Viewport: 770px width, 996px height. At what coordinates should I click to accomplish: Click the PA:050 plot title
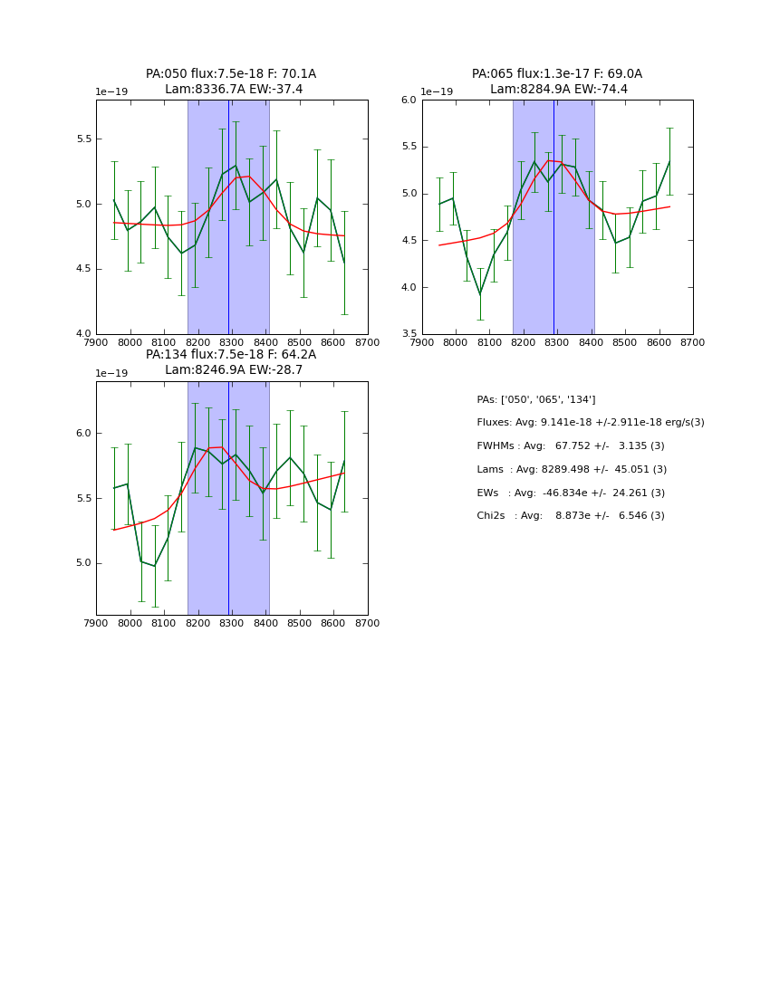tap(231, 81)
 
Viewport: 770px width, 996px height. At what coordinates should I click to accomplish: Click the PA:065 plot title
tap(556, 81)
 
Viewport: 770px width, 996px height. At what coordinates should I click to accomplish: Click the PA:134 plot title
tap(231, 362)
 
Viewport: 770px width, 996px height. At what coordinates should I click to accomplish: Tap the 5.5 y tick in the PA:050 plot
tap(82, 139)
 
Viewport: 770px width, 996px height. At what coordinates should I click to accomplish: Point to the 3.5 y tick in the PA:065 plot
tap(409, 334)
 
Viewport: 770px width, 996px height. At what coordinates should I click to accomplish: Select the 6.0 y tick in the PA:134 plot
tap(82, 433)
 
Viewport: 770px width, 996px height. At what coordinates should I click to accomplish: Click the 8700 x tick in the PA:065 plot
tap(693, 343)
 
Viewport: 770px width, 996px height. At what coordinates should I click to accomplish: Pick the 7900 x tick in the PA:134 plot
tap(97, 623)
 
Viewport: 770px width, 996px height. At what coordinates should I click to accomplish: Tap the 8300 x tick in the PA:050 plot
tap(232, 343)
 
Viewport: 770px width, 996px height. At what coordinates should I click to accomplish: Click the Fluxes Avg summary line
tap(590, 423)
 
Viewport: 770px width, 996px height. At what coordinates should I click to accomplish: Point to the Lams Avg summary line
tap(571, 470)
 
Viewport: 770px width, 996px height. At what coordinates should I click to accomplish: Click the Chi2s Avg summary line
tap(570, 516)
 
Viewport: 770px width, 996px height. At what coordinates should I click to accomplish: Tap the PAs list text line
tap(535, 399)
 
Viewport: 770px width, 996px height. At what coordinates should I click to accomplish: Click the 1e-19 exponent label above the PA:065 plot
tap(437, 92)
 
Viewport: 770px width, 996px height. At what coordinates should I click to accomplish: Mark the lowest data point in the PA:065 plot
tap(480, 293)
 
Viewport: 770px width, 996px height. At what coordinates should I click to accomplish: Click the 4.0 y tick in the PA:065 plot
tap(409, 287)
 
